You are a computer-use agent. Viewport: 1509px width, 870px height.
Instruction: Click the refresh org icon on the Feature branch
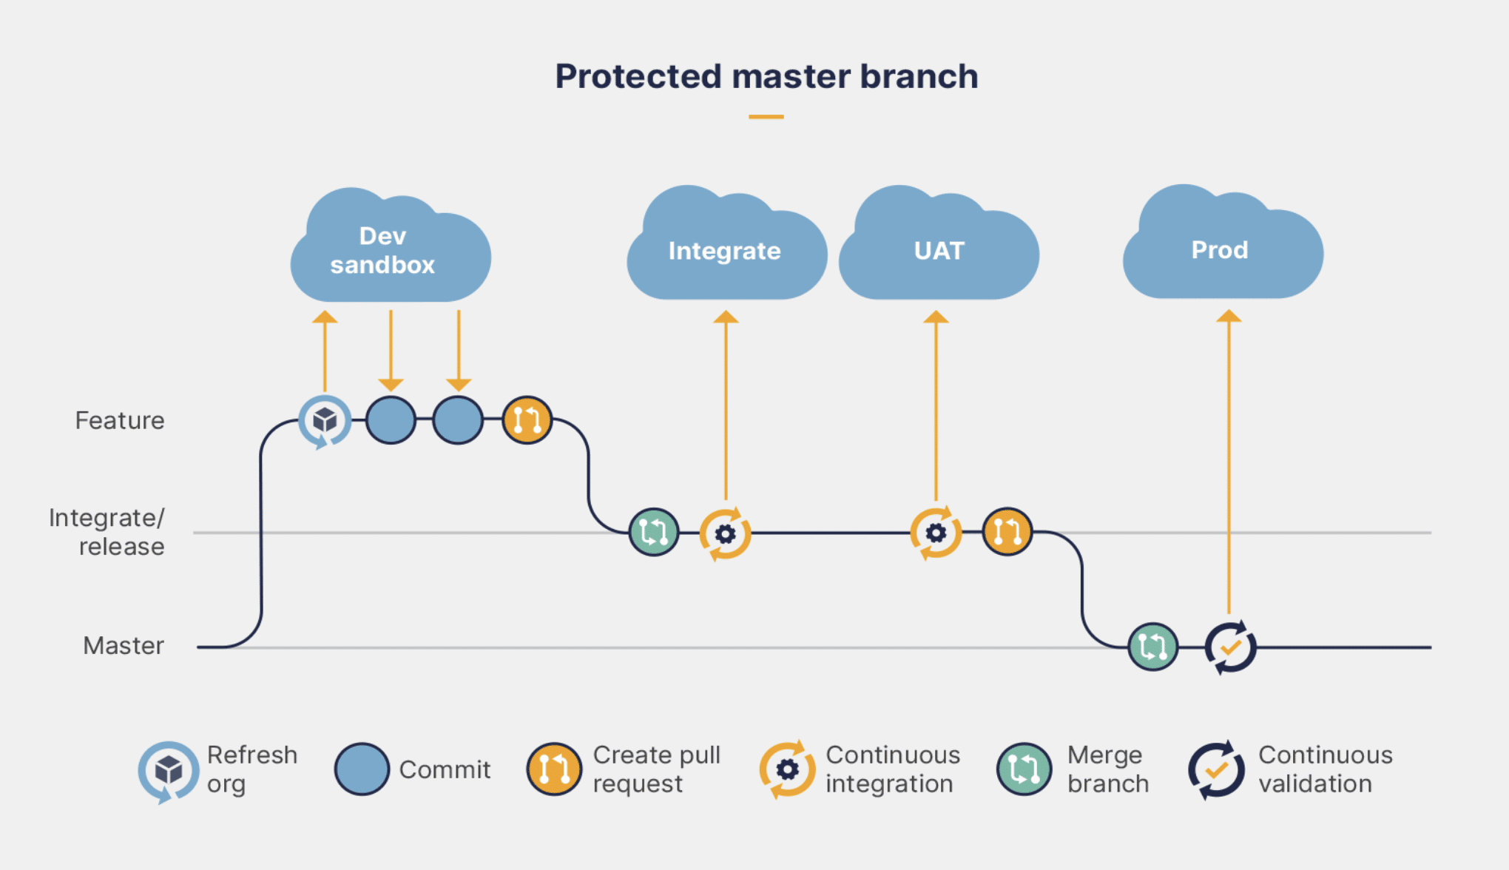click(325, 420)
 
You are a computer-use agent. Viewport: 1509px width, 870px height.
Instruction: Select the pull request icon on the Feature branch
click(527, 419)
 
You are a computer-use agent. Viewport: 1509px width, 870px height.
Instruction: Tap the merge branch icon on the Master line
click(1152, 647)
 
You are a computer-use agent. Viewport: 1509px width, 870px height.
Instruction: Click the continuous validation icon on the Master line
click(1230, 647)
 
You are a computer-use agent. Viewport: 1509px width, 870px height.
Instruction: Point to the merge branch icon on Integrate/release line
click(654, 532)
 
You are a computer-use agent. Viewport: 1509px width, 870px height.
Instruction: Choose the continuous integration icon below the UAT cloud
click(936, 533)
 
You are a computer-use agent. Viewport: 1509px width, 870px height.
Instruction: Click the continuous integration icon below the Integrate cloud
click(726, 533)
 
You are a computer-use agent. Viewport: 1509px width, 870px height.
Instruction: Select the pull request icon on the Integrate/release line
click(1007, 531)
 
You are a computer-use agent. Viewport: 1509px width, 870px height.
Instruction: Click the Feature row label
click(120, 420)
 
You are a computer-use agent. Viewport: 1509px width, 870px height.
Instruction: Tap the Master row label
click(123, 645)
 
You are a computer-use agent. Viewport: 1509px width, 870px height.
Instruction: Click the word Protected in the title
click(638, 76)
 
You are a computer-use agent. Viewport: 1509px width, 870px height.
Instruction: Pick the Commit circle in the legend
click(362, 769)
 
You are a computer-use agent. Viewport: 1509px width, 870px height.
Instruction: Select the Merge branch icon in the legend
click(1024, 769)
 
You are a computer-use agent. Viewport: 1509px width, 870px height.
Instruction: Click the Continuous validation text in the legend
click(1325, 769)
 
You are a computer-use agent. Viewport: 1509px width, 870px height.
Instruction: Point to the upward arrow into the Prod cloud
click(1229, 459)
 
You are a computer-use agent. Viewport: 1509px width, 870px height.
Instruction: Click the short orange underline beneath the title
click(766, 117)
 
